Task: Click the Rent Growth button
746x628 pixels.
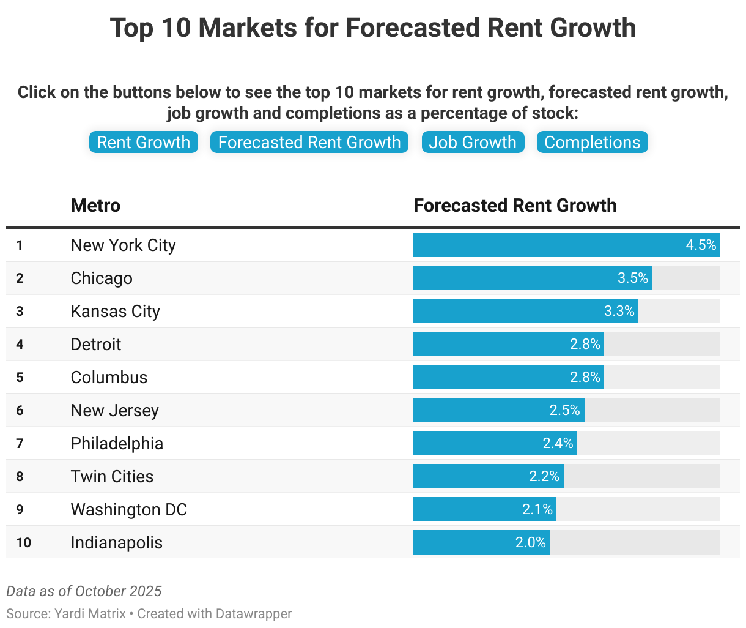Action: tap(144, 142)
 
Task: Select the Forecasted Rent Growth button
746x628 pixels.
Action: tap(309, 142)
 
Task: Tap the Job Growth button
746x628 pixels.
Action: tap(473, 142)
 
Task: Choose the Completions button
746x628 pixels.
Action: tap(592, 142)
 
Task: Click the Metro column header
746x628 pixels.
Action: tap(95, 206)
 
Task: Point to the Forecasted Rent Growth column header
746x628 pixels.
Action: tap(515, 206)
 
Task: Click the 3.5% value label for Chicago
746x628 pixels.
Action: tap(632, 278)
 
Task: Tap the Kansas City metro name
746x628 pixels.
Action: tap(115, 311)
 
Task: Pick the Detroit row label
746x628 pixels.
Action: tap(96, 344)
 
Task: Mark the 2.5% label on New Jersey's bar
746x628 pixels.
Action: tap(564, 410)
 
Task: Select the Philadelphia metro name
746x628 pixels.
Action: tap(117, 443)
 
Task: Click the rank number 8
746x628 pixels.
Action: tap(20, 476)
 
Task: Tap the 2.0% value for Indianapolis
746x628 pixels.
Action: tap(530, 542)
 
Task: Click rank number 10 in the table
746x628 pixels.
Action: tap(23, 542)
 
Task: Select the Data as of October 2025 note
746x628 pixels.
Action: tap(84, 591)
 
